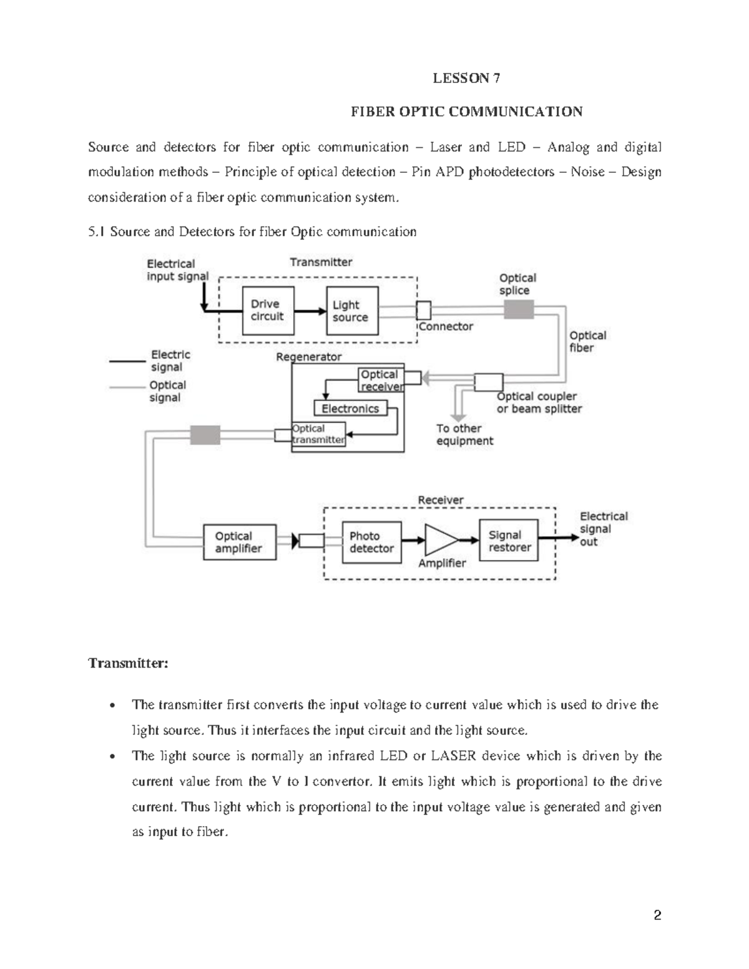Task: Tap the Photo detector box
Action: [371, 542]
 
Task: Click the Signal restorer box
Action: [508, 541]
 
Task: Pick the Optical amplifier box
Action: [240, 542]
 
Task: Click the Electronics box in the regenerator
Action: [350, 409]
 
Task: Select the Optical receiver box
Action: [381, 380]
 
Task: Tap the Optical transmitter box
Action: [318, 434]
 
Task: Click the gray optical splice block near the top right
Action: [519, 309]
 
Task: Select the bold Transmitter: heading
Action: [128, 663]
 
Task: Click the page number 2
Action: [657, 916]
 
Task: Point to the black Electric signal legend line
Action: [127, 361]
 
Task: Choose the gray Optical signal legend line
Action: [127, 387]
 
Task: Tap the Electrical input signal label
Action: [177, 270]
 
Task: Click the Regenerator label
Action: [308, 357]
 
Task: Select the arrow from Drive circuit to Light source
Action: [310, 311]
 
